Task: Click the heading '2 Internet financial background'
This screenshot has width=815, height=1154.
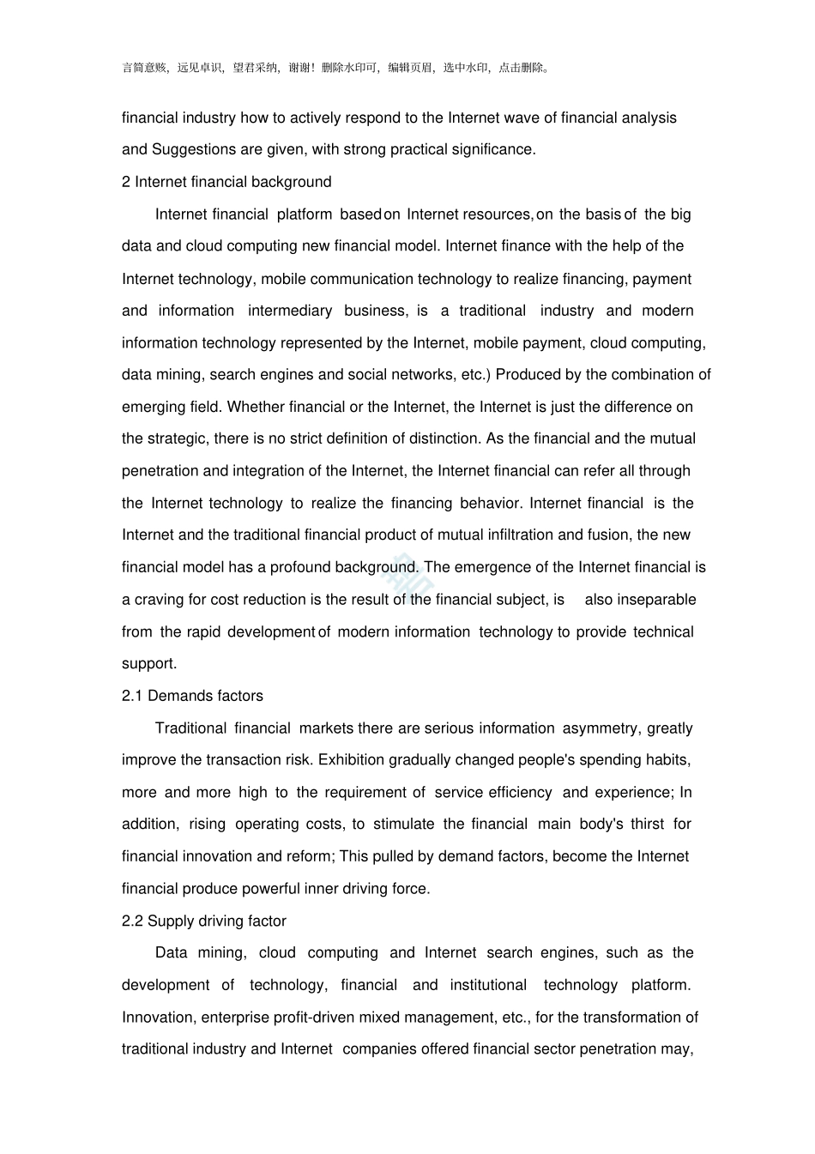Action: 226,182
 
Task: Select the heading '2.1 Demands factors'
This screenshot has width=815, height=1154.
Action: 192,696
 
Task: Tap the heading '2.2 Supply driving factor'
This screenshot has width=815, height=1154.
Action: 204,921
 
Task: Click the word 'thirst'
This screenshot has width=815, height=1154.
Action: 647,824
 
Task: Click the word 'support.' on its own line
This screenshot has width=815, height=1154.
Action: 149,663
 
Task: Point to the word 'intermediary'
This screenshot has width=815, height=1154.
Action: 290,311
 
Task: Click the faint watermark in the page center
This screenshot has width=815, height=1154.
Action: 408,577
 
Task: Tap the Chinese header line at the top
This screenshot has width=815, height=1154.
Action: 336,68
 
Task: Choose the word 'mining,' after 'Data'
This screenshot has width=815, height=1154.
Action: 222,952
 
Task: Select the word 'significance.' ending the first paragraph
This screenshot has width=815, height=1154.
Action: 493,149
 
